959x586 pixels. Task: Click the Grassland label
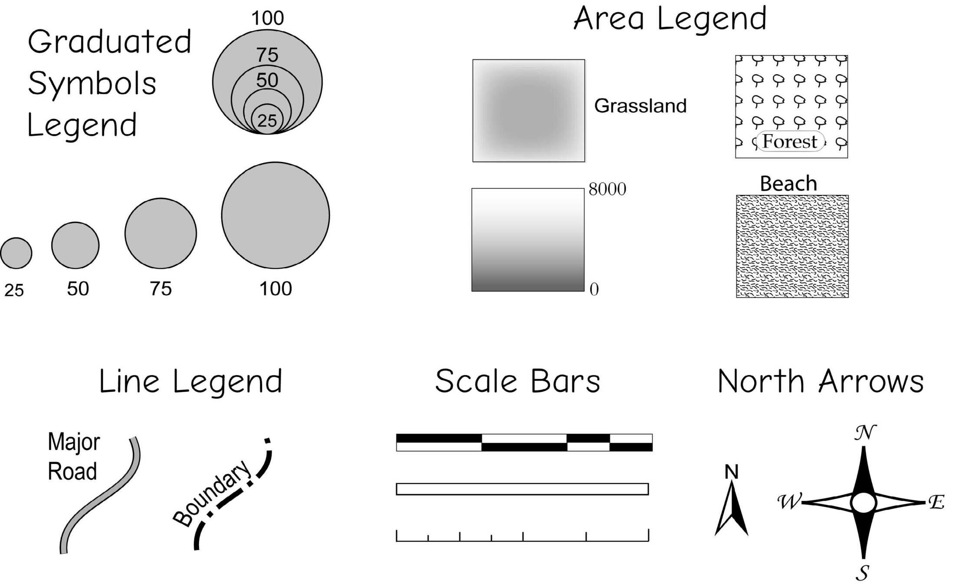tap(640, 106)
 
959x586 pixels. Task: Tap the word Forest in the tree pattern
tap(789, 142)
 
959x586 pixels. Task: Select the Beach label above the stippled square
tap(788, 184)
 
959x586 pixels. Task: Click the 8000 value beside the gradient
tap(607, 189)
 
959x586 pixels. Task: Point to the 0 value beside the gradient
tap(594, 290)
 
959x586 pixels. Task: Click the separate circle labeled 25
tap(16, 253)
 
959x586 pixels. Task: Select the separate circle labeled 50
tap(75, 245)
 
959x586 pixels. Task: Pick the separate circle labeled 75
tap(161, 234)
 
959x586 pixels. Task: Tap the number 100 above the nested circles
tap(267, 18)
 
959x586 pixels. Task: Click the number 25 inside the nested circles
tap(267, 121)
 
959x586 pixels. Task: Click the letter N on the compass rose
tap(864, 433)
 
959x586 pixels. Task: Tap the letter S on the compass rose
tap(863, 573)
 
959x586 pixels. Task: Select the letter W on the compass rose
tap(788, 502)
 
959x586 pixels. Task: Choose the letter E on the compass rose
tap(936, 503)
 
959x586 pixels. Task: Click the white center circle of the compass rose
tap(864, 503)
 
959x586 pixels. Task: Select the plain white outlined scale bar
tap(522, 489)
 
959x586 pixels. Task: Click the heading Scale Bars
tap(517, 382)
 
